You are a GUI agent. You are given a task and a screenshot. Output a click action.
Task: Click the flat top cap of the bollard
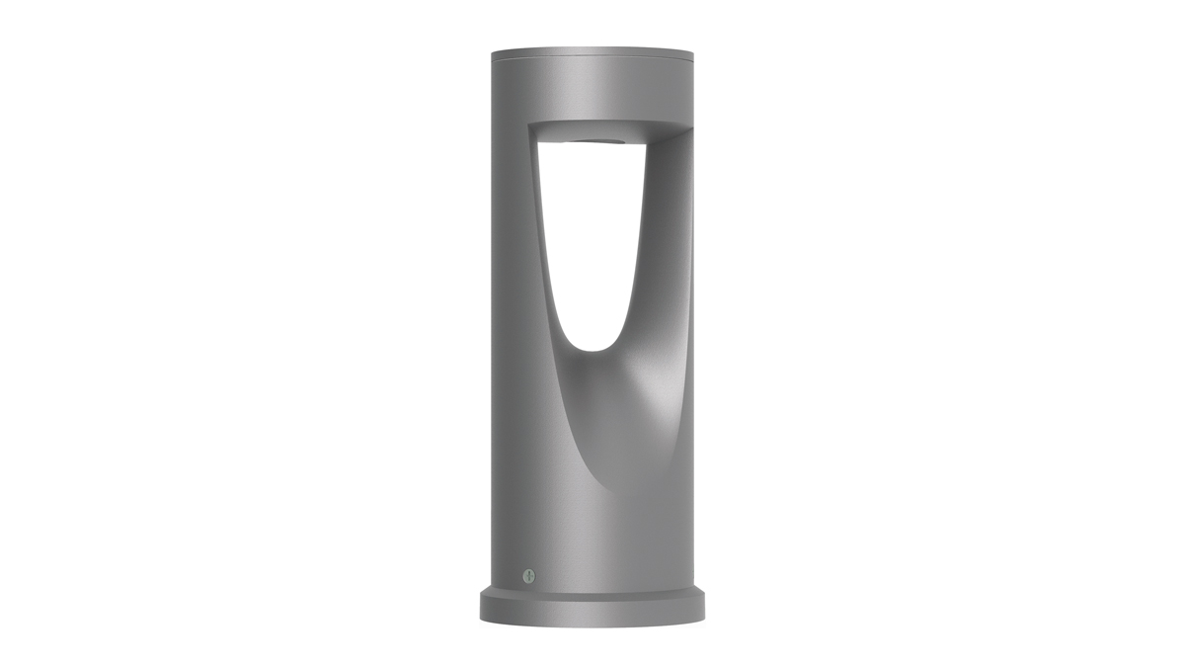coord(592,49)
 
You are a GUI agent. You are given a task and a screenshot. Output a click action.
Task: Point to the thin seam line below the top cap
coord(592,58)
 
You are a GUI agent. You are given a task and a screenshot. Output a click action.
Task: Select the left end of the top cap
coord(491,51)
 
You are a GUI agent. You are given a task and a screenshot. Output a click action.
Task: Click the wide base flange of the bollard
coord(592,611)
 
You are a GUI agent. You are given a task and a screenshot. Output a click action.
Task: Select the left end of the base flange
coord(482,608)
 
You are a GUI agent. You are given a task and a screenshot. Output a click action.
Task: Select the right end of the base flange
coord(703,608)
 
